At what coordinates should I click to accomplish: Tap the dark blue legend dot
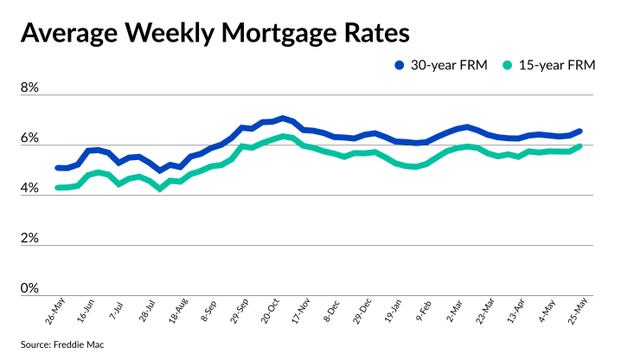coord(400,65)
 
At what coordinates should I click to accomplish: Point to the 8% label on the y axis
coord(30,88)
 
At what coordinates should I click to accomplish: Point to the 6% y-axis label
coord(30,138)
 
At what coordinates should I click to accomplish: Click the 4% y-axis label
coord(30,189)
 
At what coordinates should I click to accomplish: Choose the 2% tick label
coord(30,238)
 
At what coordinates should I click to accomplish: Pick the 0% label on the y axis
coord(30,288)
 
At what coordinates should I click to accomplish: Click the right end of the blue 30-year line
coord(579,132)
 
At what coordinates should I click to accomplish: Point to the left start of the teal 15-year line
coord(57,188)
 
